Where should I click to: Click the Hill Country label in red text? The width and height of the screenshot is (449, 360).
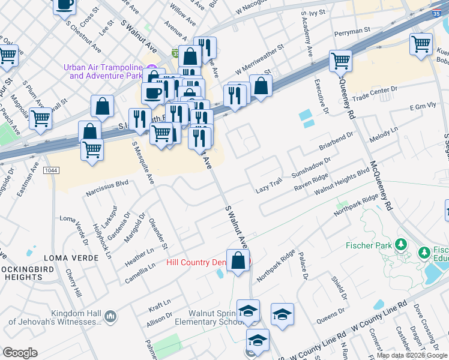click(195, 263)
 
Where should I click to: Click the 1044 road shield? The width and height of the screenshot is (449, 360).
click(52, 171)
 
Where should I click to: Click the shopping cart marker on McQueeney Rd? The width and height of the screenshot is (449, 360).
click(340, 61)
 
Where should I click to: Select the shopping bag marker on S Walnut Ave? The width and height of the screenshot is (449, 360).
click(238, 260)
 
